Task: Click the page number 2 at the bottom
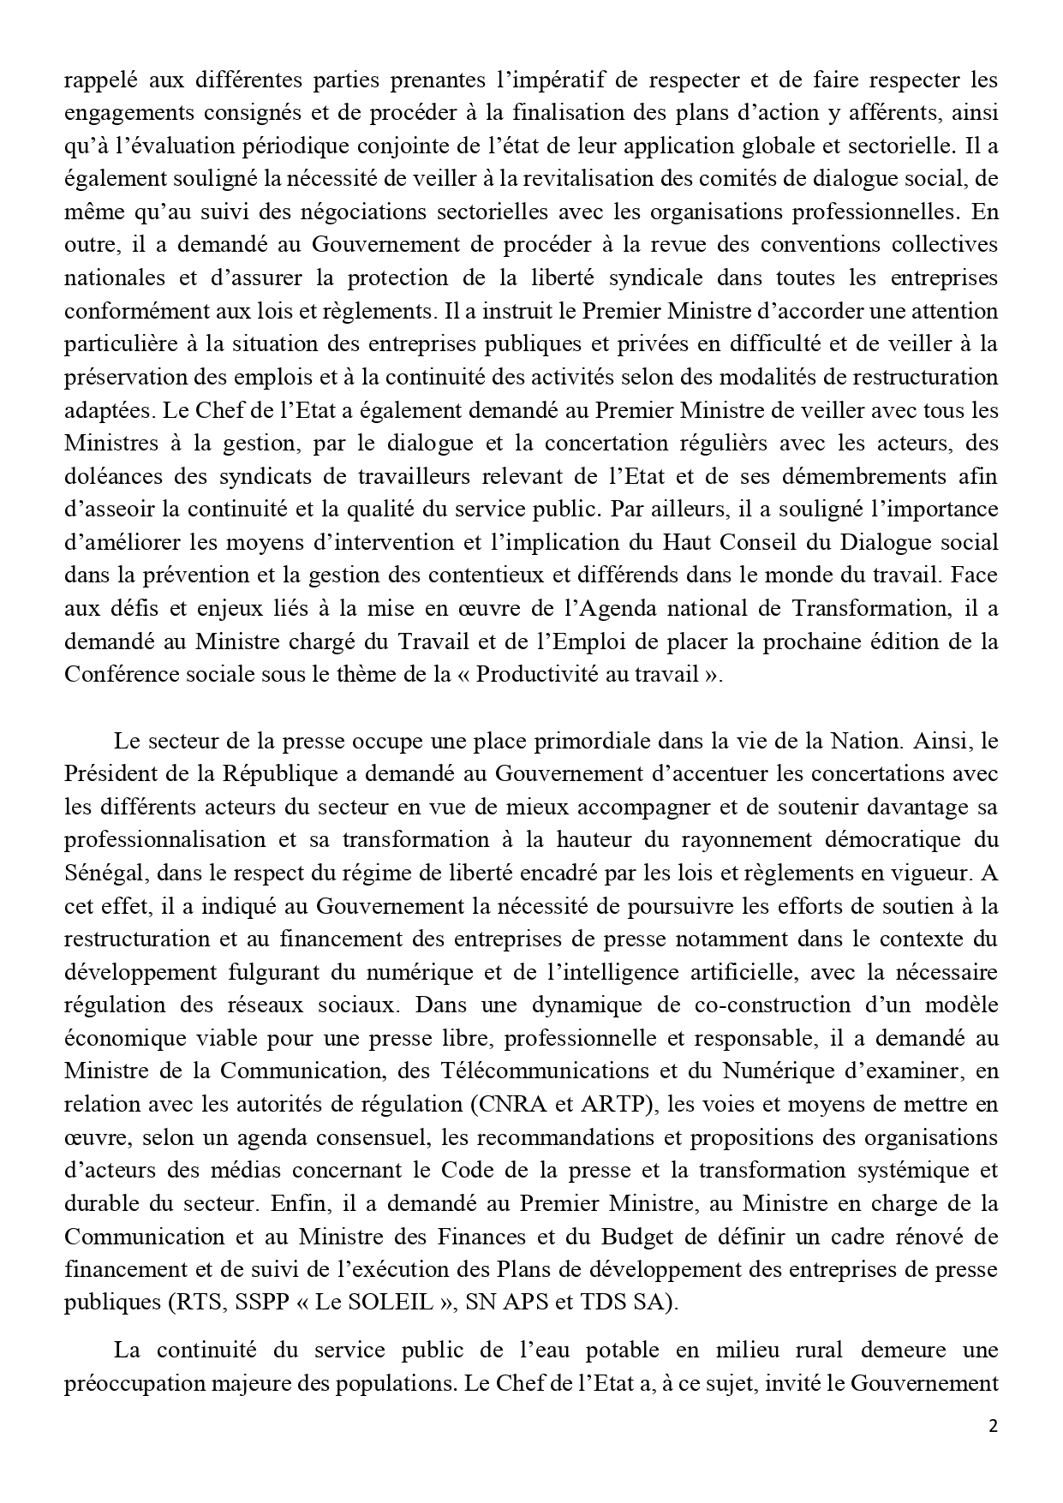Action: (x=993, y=1426)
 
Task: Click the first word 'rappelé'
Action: (x=95, y=81)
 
